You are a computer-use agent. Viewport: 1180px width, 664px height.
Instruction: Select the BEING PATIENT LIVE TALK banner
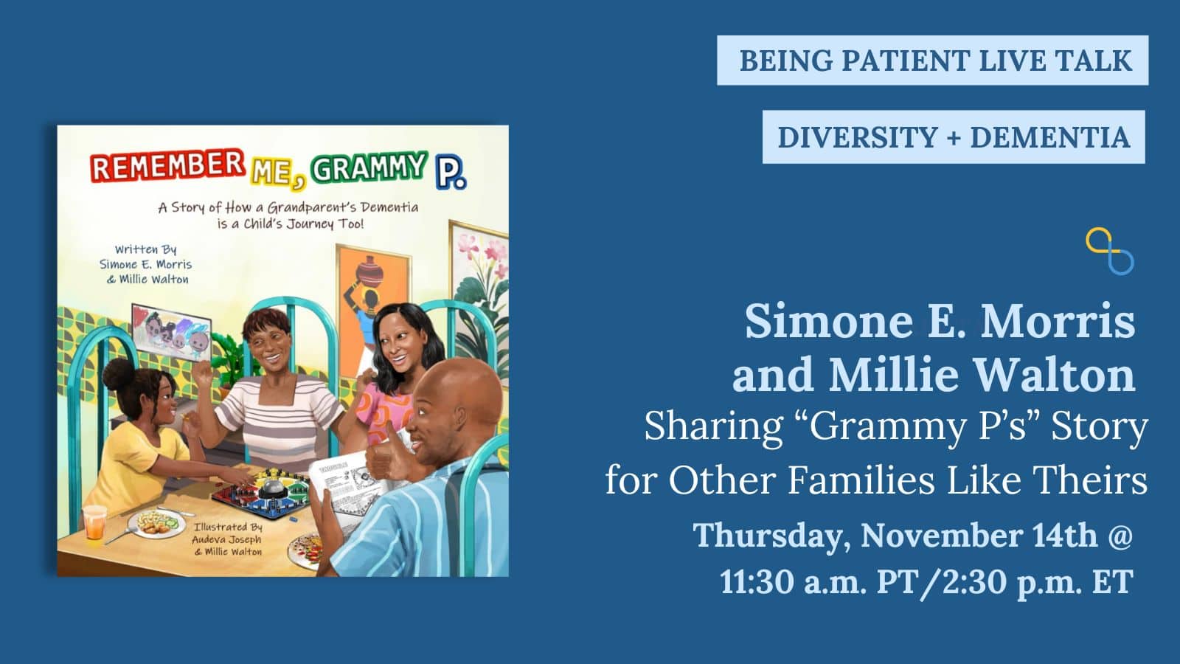click(932, 60)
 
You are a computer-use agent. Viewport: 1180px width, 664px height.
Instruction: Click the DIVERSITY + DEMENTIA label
click(954, 137)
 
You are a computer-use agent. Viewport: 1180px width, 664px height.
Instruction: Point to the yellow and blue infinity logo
click(1109, 251)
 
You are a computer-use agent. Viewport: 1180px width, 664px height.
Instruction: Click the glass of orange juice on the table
click(94, 522)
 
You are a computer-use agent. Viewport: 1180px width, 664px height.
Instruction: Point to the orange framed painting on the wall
click(373, 295)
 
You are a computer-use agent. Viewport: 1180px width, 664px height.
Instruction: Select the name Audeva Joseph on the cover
click(226, 539)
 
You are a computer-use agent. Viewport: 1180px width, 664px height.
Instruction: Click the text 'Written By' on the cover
click(145, 249)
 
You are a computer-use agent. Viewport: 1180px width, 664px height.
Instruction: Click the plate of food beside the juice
click(158, 523)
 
